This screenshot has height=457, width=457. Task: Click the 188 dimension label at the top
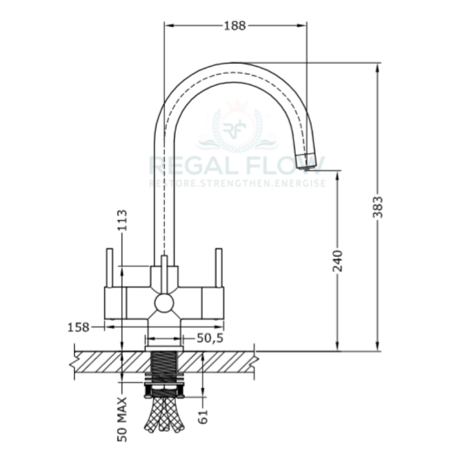[234, 26]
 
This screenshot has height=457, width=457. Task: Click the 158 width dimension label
[79, 327]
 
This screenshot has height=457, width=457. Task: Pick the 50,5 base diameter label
[209, 338]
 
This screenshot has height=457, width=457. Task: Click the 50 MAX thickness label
[122, 419]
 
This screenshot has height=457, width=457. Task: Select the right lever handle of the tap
[218, 267]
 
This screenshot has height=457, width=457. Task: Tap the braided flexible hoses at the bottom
[164, 414]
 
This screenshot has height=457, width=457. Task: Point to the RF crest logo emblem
[235, 128]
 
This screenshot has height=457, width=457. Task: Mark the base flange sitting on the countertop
[164, 347]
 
